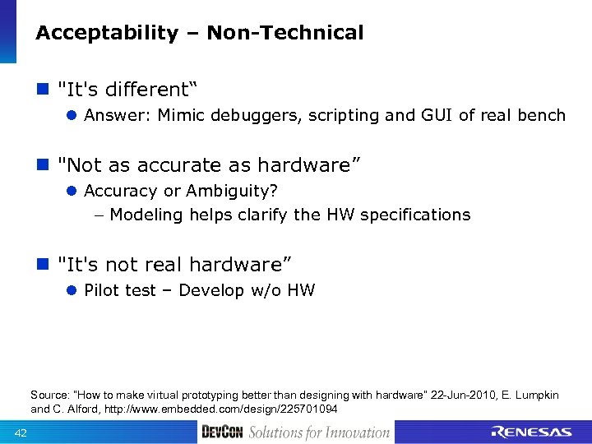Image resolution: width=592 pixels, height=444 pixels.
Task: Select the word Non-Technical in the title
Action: point(285,33)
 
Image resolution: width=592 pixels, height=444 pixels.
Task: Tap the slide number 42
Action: point(21,433)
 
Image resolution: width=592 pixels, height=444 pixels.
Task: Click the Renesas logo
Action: point(531,432)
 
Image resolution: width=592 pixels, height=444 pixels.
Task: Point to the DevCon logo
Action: point(222,432)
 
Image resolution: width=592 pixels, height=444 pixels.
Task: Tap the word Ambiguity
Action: point(231,191)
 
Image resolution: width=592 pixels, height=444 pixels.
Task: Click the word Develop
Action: point(211,290)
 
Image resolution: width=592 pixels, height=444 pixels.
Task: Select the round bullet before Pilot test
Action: point(72,290)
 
